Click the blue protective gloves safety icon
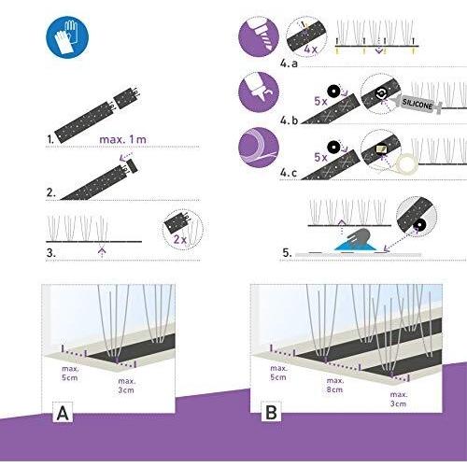67,37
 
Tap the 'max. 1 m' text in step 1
122,139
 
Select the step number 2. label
51,192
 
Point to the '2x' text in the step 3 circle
180,239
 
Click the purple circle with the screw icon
259,36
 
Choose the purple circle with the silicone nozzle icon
259,92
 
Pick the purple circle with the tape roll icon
259,148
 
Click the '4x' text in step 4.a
310,49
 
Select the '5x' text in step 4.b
320,101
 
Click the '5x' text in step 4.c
320,157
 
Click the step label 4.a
289,64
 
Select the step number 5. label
287,252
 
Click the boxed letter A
63,413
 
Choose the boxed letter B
271,412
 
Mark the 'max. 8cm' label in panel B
335,385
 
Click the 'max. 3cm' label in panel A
126,386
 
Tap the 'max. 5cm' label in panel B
278,373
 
